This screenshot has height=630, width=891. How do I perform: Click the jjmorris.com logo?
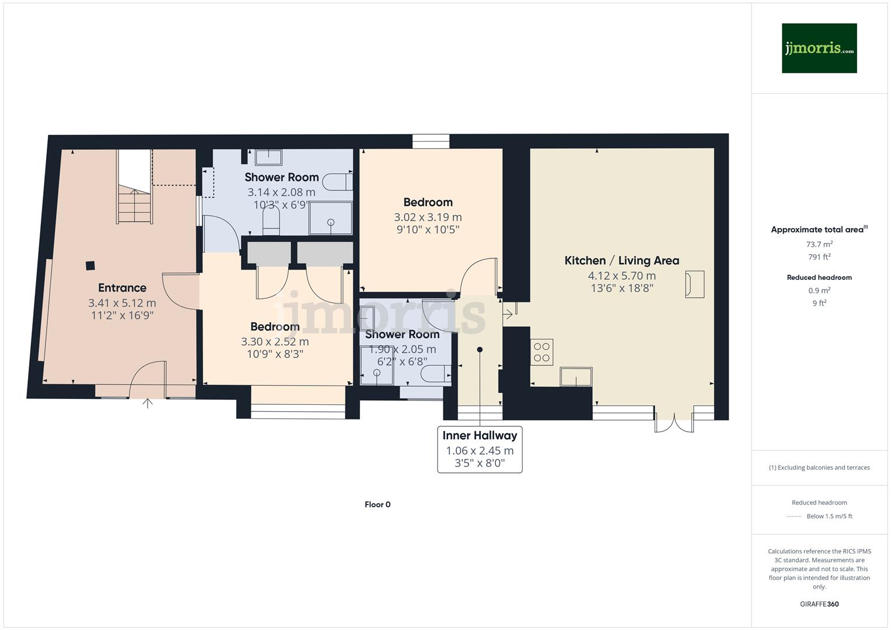click(819, 48)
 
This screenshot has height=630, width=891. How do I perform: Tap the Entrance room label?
click(122, 288)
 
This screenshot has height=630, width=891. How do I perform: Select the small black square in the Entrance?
click(90, 265)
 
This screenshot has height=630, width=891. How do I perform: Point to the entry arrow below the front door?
click(148, 402)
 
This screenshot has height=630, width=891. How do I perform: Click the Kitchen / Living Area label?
click(621, 261)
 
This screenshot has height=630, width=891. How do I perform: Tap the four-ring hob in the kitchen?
click(541, 352)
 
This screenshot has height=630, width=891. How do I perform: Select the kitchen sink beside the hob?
click(576, 377)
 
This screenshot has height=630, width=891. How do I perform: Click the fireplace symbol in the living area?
click(694, 285)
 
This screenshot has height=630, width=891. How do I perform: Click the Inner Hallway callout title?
click(480, 436)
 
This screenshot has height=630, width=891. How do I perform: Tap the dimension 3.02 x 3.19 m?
click(428, 217)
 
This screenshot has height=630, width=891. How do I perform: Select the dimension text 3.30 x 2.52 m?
click(275, 342)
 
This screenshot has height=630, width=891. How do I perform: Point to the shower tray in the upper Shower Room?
click(331, 218)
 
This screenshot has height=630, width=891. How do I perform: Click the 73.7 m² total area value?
click(819, 244)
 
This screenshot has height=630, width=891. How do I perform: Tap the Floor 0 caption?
click(378, 505)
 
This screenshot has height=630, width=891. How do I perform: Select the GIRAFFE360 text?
click(819, 604)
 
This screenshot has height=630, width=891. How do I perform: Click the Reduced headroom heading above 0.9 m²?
click(819, 278)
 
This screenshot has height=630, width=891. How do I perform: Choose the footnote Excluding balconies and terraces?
click(819, 467)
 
